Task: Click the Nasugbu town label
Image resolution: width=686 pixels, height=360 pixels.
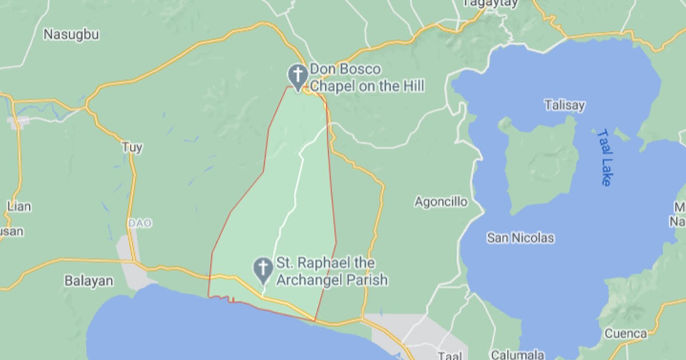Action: tap(71, 35)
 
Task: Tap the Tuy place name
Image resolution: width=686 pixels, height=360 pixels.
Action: tap(132, 147)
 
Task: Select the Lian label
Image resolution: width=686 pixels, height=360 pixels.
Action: tap(19, 206)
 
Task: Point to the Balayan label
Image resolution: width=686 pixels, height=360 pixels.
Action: tap(89, 281)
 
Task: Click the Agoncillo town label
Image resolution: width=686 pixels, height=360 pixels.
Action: tap(441, 202)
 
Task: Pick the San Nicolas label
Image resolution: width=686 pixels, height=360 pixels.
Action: tap(520, 238)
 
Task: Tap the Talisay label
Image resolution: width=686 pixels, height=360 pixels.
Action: tap(565, 105)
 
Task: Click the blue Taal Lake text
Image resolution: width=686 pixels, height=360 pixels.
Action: tap(604, 157)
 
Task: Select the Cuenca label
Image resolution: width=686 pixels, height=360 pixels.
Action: tap(625, 333)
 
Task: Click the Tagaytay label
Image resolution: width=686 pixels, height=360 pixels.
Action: tap(490, 3)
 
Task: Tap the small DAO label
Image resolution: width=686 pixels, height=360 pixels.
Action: tap(140, 223)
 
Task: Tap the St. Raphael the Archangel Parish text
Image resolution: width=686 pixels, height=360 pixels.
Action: tap(332, 271)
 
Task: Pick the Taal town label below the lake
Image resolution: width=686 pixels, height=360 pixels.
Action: tap(449, 355)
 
